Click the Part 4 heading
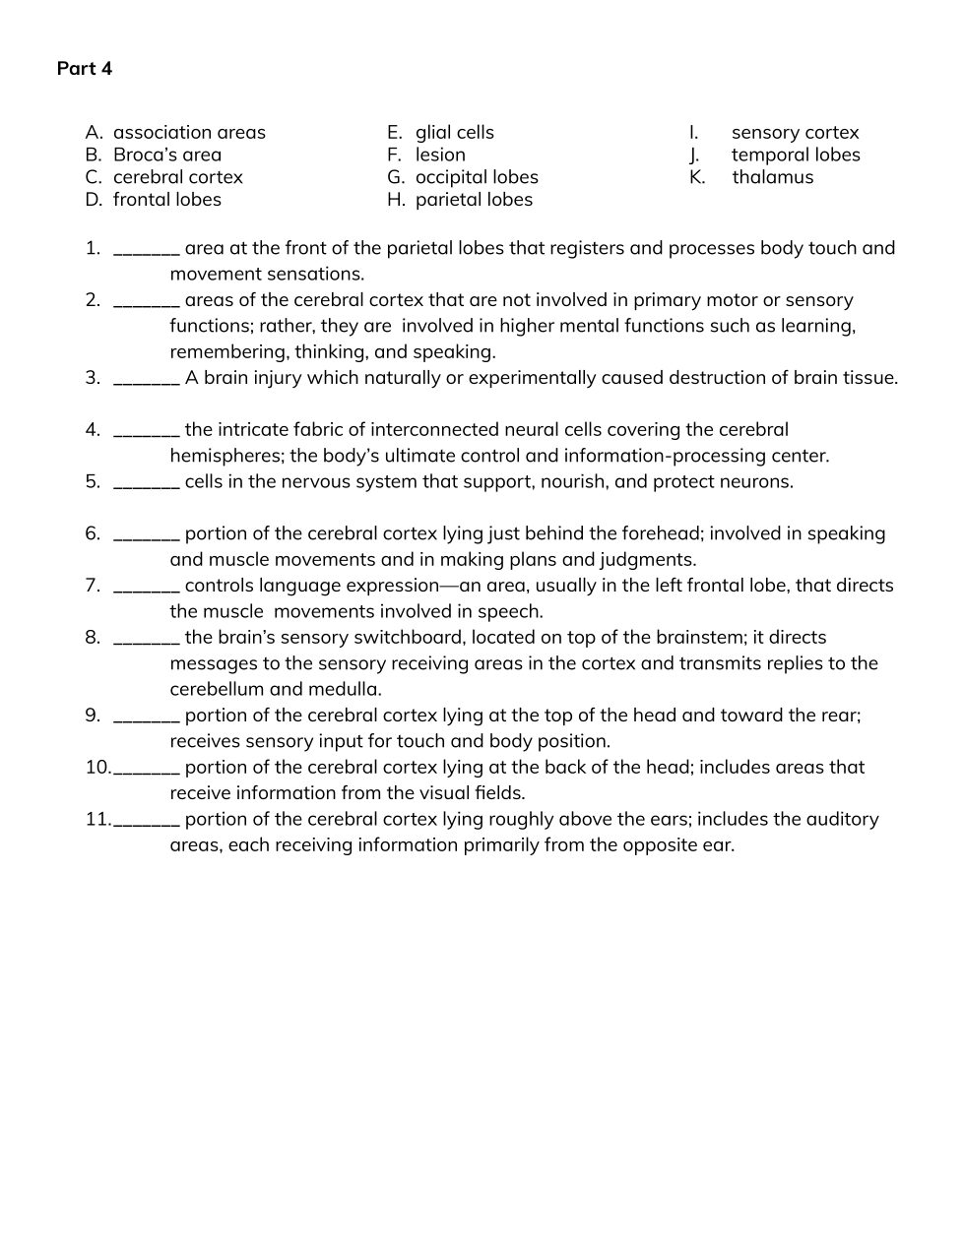coord(85,68)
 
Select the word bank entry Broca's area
coord(167,155)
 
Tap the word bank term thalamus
coord(772,177)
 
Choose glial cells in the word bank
coord(454,132)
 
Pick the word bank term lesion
coord(440,155)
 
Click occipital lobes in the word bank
coord(477,177)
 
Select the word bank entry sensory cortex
coord(795,132)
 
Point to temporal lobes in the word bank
coord(796,155)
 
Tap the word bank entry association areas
coord(189,132)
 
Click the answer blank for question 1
coord(147,249)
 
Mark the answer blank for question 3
coord(147,379)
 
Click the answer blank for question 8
coord(147,639)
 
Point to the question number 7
coord(93,586)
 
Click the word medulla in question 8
coord(351,689)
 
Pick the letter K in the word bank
coord(696,177)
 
